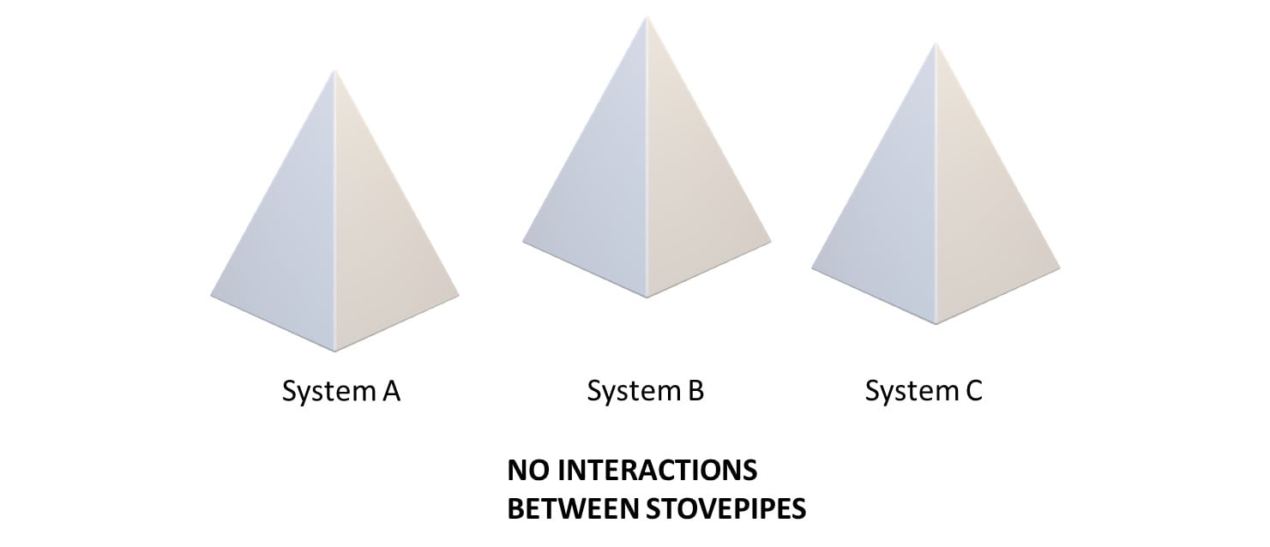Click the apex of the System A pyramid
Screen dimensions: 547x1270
334,72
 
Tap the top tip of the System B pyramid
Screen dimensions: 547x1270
647,18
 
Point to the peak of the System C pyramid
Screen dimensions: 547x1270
936,45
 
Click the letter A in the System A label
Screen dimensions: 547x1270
390,392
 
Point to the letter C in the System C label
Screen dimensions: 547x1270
973,391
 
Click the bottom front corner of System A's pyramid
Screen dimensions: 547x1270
334,351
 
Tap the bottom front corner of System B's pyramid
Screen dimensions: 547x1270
647,298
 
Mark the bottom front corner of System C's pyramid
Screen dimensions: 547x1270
936,324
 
